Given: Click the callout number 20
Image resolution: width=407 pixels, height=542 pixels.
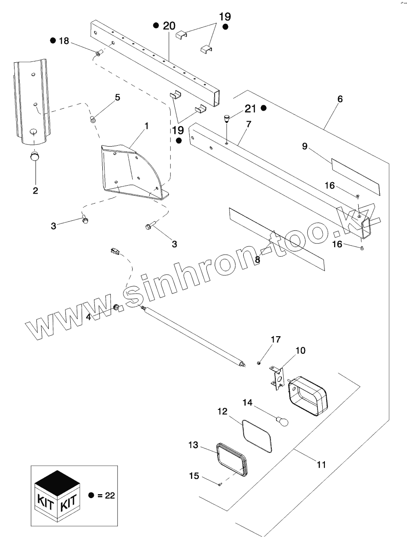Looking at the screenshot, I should click(169, 26).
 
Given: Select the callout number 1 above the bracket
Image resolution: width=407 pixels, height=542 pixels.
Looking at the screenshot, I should click(146, 126).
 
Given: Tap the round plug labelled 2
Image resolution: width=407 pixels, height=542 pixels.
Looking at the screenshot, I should click(35, 156).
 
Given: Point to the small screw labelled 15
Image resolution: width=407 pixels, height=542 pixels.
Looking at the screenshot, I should click(219, 484).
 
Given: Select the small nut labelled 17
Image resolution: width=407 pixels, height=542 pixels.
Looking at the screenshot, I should click(259, 362).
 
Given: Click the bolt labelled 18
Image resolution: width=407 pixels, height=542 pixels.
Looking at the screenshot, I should click(98, 53).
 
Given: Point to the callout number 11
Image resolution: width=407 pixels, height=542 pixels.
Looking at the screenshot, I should click(321, 464).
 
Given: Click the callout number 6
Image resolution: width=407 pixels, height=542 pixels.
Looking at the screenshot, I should click(340, 99).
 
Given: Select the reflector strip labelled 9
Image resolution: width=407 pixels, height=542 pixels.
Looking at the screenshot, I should click(355, 176).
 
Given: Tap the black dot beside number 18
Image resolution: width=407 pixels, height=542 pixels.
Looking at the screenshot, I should click(53, 41).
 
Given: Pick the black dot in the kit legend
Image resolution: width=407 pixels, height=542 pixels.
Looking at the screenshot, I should click(91, 495).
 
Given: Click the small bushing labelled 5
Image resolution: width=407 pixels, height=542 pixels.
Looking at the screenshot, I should click(93, 119).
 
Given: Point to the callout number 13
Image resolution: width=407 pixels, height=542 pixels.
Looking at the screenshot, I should click(194, 445).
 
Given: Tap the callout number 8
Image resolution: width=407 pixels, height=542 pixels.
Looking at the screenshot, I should click(258, 259).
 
